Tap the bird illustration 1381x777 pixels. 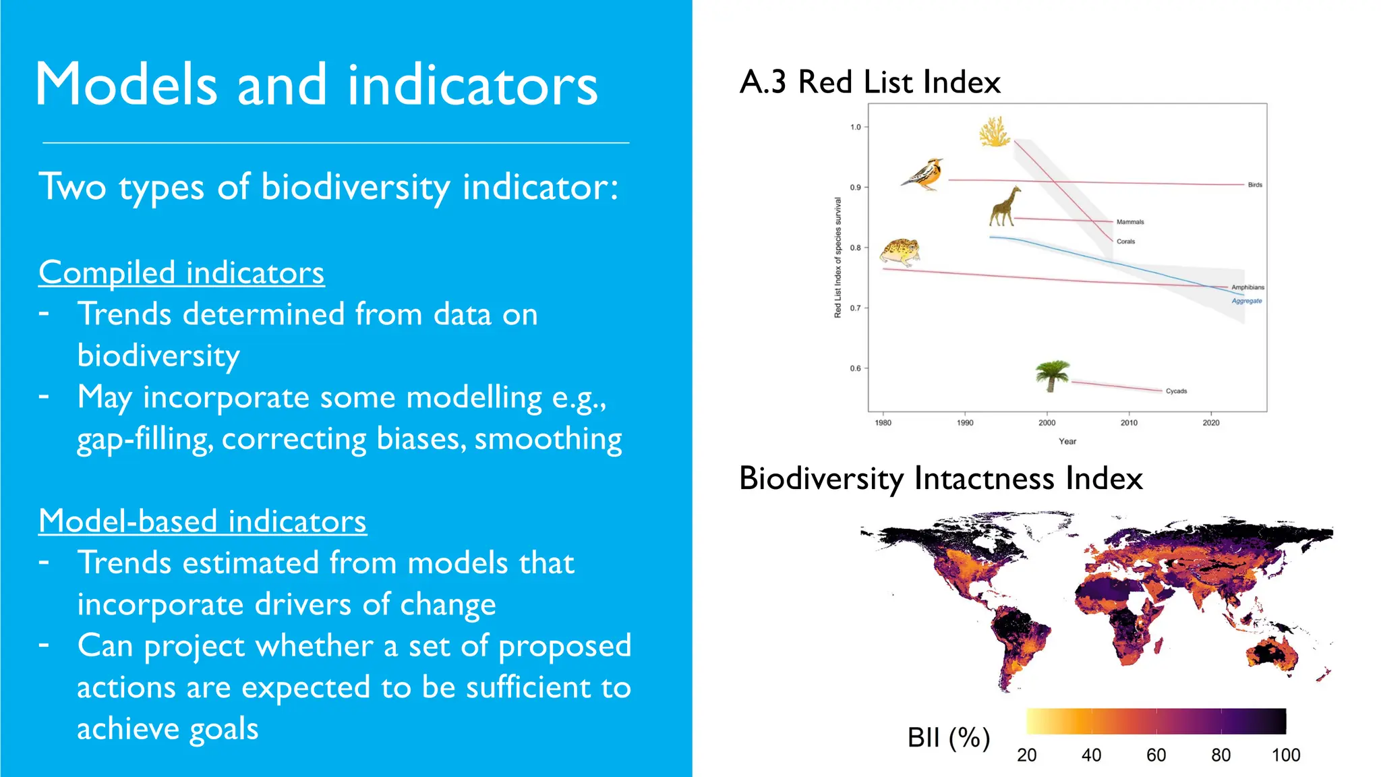923,175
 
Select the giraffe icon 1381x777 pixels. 1004,206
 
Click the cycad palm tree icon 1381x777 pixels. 1052,376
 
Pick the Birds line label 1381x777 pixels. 1254,185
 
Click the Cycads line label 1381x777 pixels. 1176,391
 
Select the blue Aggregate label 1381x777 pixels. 1247,301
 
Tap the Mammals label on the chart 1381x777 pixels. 1130,222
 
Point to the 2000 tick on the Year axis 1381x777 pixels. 1047,423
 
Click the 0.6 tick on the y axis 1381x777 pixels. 855,368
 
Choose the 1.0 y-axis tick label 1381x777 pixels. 855,127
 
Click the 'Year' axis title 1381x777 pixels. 1067,441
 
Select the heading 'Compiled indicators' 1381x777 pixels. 181,272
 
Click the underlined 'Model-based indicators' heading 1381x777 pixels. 202,521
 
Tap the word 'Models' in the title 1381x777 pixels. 126,85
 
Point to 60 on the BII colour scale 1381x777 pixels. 1156,755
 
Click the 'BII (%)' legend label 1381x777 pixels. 948,737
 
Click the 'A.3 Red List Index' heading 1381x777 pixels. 869,82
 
